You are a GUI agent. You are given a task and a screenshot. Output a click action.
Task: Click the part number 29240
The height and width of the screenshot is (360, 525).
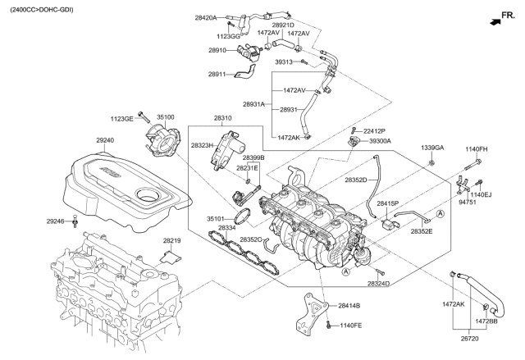coord(105,140)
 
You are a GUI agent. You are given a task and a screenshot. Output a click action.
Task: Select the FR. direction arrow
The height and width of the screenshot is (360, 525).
coord(495,22)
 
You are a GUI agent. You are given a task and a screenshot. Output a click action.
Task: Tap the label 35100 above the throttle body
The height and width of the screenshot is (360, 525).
coord(166,117)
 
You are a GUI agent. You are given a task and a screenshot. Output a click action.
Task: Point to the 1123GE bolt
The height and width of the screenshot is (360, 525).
coord(143,116)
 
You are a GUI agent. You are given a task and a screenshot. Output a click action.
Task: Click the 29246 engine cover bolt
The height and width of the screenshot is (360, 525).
coord(75,221)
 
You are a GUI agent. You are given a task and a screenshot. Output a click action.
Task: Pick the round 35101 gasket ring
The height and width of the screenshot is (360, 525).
coord(242,216)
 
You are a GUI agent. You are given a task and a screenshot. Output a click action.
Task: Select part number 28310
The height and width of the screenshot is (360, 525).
coord(222,118)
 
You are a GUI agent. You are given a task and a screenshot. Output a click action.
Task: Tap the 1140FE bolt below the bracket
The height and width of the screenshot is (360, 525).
coord(328,324)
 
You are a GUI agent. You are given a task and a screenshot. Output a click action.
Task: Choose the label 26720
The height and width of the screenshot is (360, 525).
coord(469,339)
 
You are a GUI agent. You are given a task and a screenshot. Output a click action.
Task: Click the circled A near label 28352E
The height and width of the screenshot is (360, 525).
coord(441,214)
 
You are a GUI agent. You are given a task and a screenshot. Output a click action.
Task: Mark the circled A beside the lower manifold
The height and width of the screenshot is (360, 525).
coord(346,271)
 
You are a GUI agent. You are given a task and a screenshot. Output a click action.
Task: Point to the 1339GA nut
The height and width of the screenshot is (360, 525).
coord(432,163)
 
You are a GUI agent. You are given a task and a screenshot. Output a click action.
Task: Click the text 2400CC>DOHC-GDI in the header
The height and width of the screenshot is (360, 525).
coord(42,10)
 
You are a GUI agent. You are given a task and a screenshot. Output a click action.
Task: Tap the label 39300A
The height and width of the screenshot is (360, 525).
coord(380,141)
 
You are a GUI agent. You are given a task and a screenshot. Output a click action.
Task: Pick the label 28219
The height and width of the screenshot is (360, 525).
coord(172,240)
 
